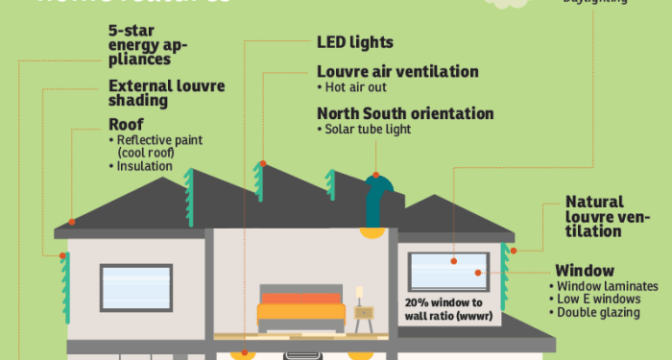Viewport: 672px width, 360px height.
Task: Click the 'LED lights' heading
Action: (x=355, y=43)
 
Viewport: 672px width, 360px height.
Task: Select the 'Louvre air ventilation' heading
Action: (x=397, y=72)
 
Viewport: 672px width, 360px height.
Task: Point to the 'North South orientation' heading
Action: (x=405, y=113)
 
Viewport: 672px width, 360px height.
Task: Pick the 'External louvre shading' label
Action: (x=166, y=92)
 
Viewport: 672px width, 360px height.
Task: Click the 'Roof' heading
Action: (x=126, y=124)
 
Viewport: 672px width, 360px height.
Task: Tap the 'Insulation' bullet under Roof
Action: (x=145, y=166)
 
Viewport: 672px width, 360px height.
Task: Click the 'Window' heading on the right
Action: (x=585, y=271)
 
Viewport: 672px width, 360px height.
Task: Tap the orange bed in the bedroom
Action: (x=300, y=306)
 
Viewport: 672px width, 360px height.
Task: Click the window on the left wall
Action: (x=135, y=287)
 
